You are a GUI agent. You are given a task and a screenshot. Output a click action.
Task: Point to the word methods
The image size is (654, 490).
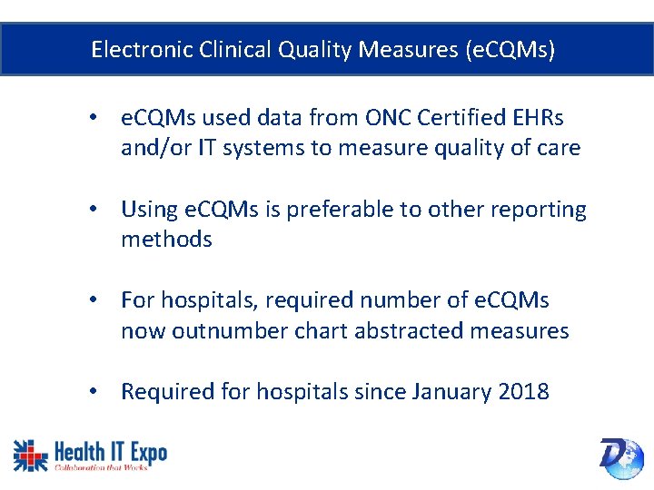point(166,240)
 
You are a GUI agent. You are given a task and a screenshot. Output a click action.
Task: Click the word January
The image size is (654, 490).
point(450,392)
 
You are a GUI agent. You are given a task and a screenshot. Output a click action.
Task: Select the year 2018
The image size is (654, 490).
point(524,392)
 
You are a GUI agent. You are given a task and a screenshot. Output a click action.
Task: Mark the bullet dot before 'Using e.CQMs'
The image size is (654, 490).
point(94,210)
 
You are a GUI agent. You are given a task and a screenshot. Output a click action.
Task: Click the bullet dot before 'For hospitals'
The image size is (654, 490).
point(94,300)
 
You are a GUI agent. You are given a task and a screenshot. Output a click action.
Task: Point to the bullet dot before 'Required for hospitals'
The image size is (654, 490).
point(94,392)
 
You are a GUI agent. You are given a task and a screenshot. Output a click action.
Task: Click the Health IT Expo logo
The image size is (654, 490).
point(90,455)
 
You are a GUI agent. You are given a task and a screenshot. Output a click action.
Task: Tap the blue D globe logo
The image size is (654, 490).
point(621,456)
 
